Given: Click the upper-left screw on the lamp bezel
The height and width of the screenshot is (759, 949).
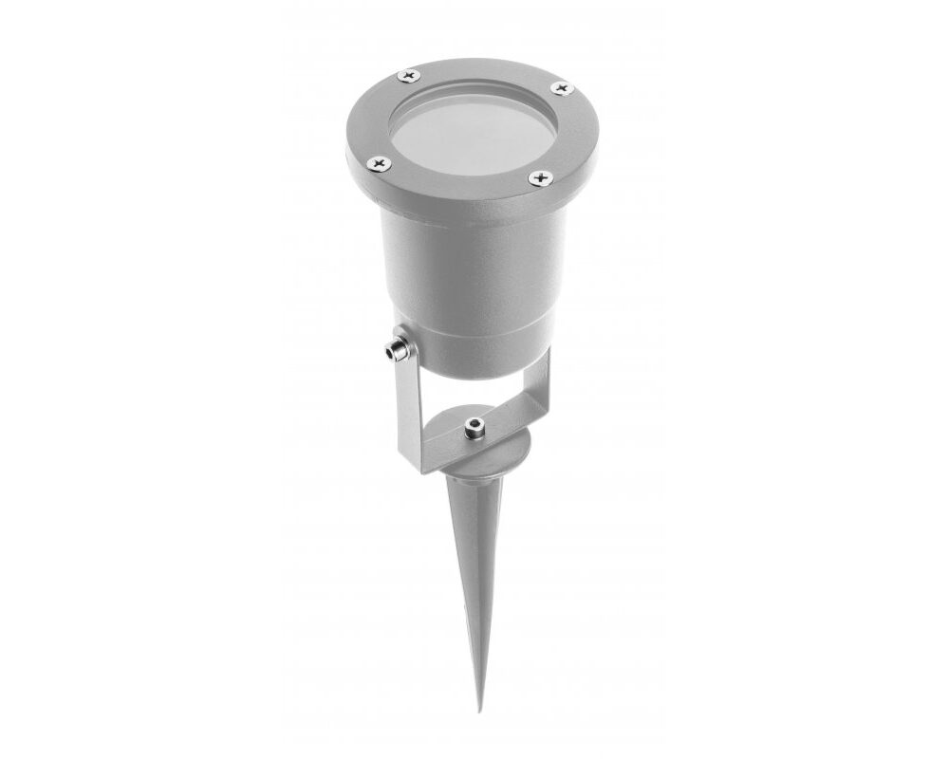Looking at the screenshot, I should pyautogui.click(x=409, y=75).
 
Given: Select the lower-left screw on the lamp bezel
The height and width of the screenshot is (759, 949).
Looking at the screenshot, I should pyautogui.click(x=380, y=164).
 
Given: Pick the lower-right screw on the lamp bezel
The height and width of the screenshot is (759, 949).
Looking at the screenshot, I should pyautogui.click(x=541, y=177).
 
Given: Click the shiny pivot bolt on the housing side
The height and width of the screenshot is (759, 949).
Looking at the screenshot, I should pyautogui.click(x=392, y=349).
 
